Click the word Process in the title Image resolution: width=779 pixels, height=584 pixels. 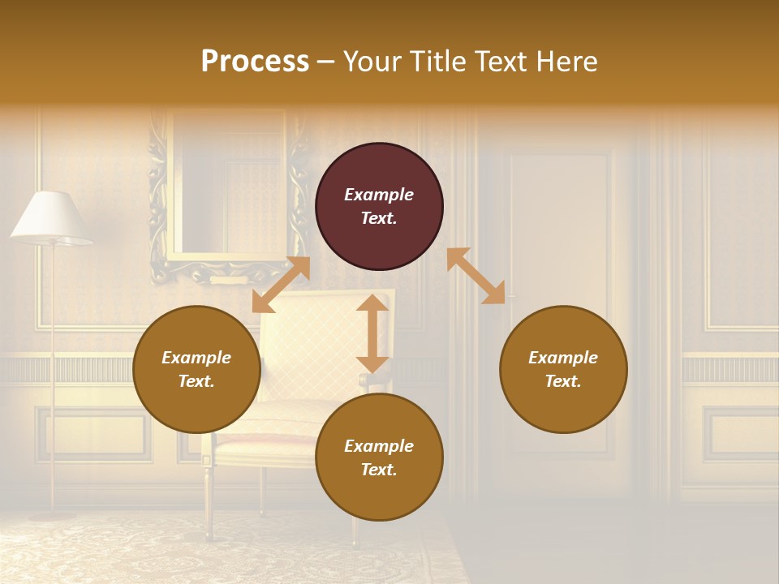[255, 62]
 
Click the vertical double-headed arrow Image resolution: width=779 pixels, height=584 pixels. [372, 333]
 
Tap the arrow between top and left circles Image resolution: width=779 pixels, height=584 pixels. [281, 285]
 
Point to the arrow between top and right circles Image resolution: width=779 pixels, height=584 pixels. [476, 276]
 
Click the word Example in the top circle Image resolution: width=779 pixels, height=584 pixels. [379, 195]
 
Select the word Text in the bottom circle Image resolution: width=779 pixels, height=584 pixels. [379, 470]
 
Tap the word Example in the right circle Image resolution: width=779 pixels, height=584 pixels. [563, 358]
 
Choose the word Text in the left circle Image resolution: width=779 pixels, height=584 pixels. [196, 381]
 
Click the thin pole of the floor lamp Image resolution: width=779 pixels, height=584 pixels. [53, 365]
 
